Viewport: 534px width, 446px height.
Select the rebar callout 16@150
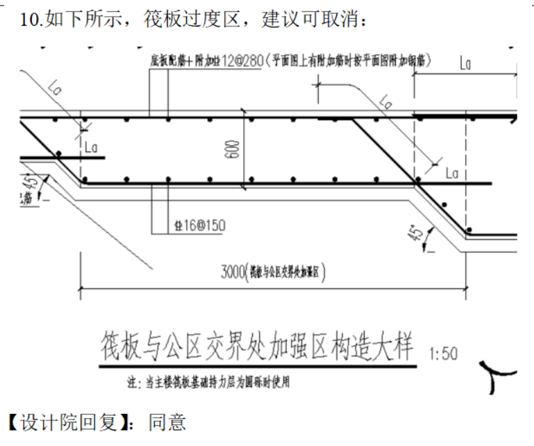[199, 226]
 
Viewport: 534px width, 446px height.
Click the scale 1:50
[444, 354]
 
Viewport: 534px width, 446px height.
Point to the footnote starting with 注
[208, 383]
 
